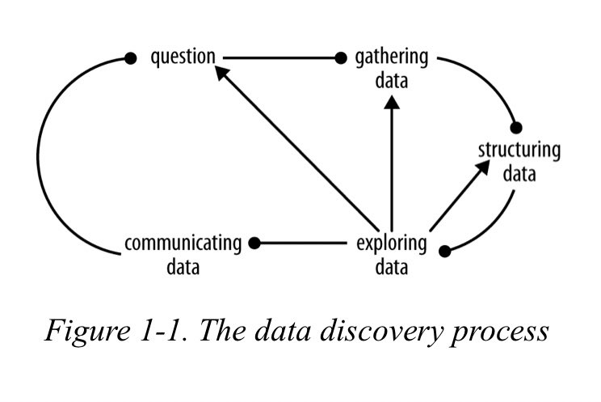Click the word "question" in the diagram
[183, 57]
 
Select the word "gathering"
[392, 58]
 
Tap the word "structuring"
[519, 150]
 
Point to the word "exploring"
[391, 243]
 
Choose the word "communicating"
[183, 243]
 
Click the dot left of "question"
[130, 58]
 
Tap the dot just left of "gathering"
[341, 58]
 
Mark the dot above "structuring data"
[516, 128]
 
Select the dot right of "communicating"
[254, 242]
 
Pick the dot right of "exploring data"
[443, 251]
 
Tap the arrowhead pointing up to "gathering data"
[392, 103]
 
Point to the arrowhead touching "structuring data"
[483, 167]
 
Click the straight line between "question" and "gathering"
[279, 58]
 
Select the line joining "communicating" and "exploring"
[303, 242]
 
